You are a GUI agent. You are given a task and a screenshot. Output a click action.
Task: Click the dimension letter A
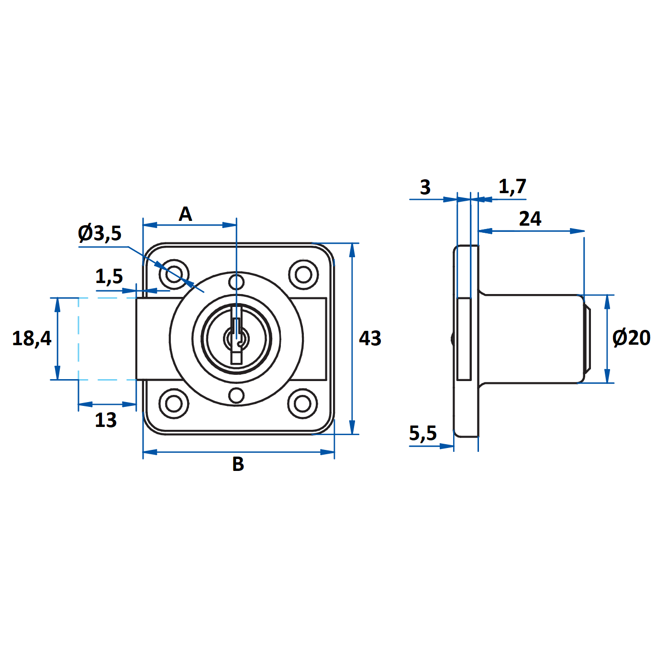(185, 214)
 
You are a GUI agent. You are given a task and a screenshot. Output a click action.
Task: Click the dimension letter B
(238, 464)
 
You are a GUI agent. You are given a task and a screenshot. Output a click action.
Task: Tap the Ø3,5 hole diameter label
(100, 233)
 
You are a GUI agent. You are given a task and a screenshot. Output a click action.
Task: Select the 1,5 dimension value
(109, 276)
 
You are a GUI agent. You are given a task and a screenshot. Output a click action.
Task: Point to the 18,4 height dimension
(32, 338)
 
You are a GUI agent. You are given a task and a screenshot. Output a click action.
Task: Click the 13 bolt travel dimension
(105, 420)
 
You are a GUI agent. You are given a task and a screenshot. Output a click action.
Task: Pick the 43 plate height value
(370, 338)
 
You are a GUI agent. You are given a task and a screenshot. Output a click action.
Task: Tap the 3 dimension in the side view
(425, 187)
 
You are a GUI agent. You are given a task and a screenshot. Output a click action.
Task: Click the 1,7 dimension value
(512, 186)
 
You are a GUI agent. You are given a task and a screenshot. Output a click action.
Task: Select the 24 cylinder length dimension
(530, 219)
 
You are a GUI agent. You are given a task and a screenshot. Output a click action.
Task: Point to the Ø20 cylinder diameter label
(631, 338)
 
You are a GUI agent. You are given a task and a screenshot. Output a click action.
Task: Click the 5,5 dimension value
(423, 433)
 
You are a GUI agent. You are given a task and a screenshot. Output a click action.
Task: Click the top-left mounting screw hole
(174, 274)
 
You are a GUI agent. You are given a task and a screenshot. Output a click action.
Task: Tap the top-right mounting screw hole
(303, 274)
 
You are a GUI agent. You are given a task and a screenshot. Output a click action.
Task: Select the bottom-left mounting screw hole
(174, 403)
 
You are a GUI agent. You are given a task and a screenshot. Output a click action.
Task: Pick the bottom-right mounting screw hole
(303, 403)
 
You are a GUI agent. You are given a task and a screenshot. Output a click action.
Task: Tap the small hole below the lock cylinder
(236, 396)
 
